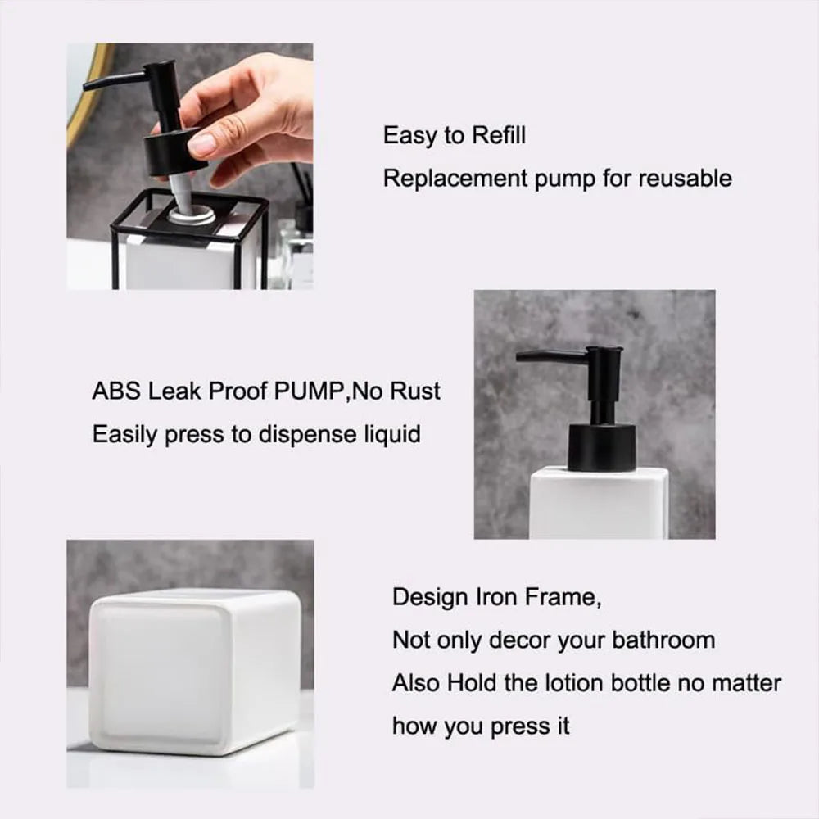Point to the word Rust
(x=414, y=391)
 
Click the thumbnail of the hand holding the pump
(x=190, y=166)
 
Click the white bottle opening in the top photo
(x=194, y=215)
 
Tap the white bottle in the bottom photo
(x=194, y=672)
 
